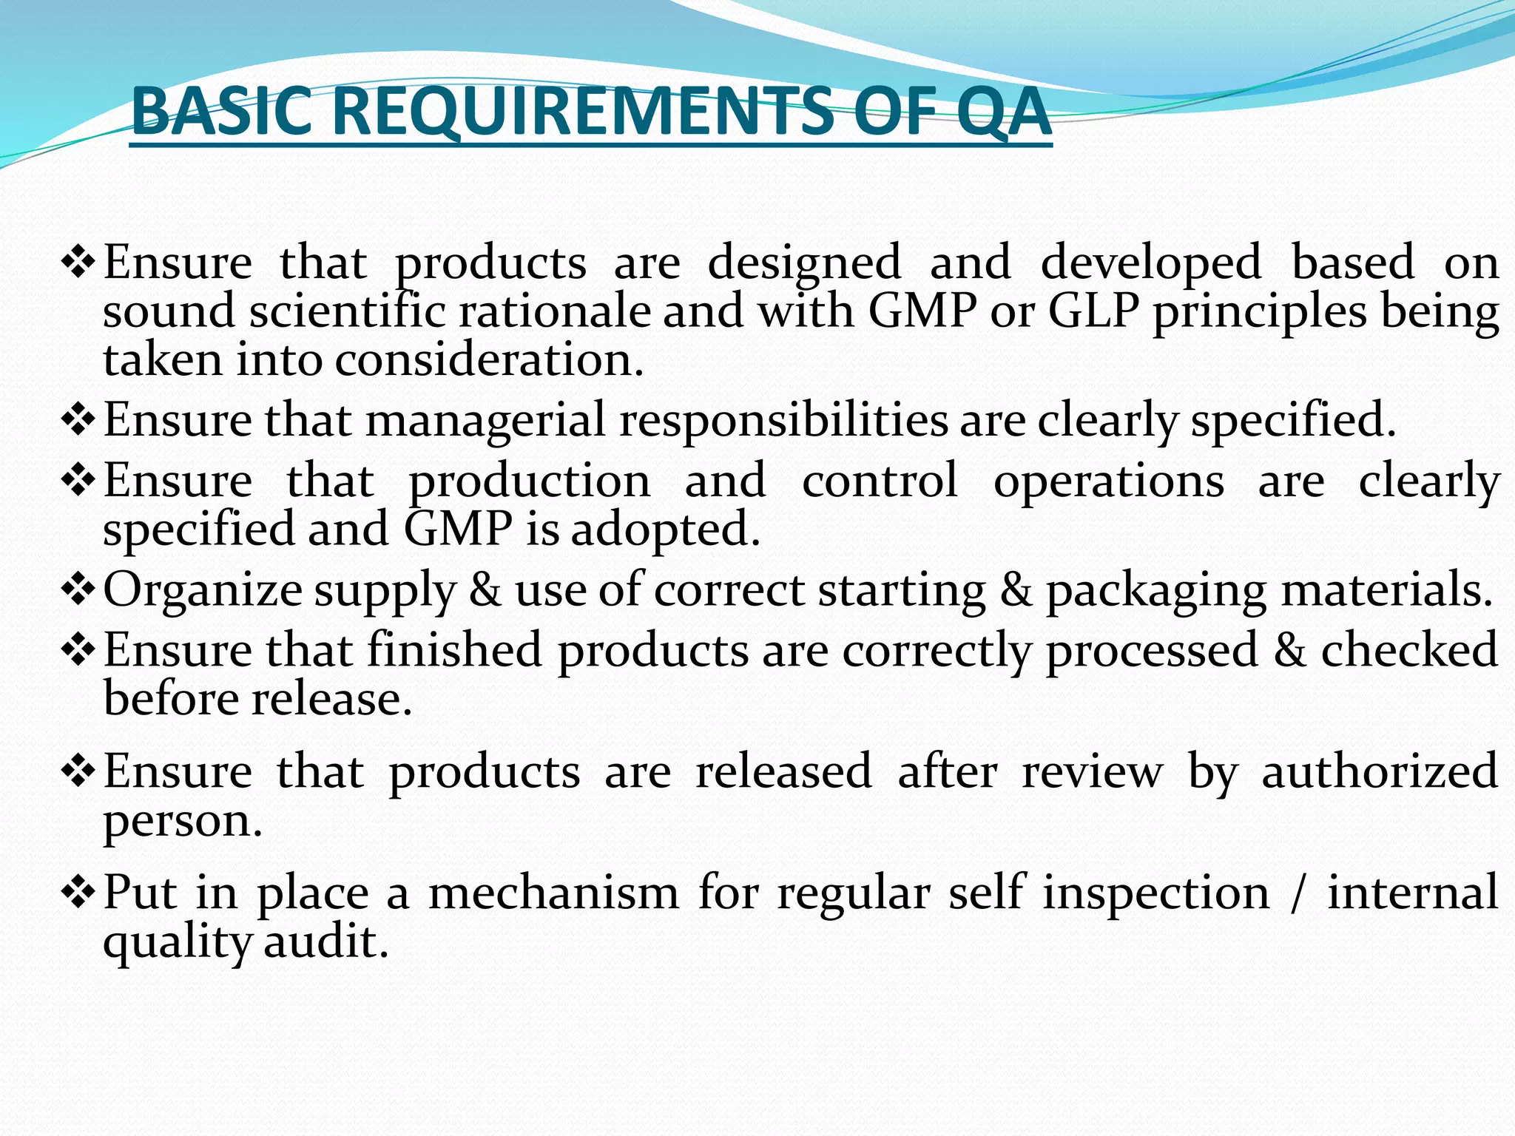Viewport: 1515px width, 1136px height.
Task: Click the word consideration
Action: (x=489, y=360)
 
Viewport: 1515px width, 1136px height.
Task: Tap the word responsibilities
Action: (x=783, y=420)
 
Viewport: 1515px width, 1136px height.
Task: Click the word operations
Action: (x=1108, y=481)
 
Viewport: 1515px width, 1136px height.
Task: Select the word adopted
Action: (x=665, y=530)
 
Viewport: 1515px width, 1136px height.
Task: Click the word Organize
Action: (x=203, y=591)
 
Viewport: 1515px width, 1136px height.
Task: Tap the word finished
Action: (x=455, y=650)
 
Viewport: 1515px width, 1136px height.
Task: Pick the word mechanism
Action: (x=553, y=893)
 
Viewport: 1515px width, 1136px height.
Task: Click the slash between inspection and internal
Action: (x=1295, y=893)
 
